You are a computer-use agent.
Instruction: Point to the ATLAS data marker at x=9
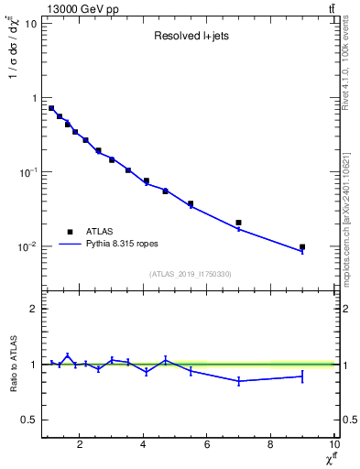click(302, 247)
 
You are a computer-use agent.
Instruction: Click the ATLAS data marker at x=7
click(239, 223)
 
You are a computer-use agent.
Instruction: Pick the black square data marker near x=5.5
click(191, 203)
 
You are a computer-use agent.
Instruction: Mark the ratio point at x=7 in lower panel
click(239, 380)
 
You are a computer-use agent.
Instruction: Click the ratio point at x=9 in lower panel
click(302, 376)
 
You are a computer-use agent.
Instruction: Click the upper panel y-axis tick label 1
click(33, 98)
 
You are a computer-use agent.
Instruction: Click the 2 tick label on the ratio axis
click(33, 309)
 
